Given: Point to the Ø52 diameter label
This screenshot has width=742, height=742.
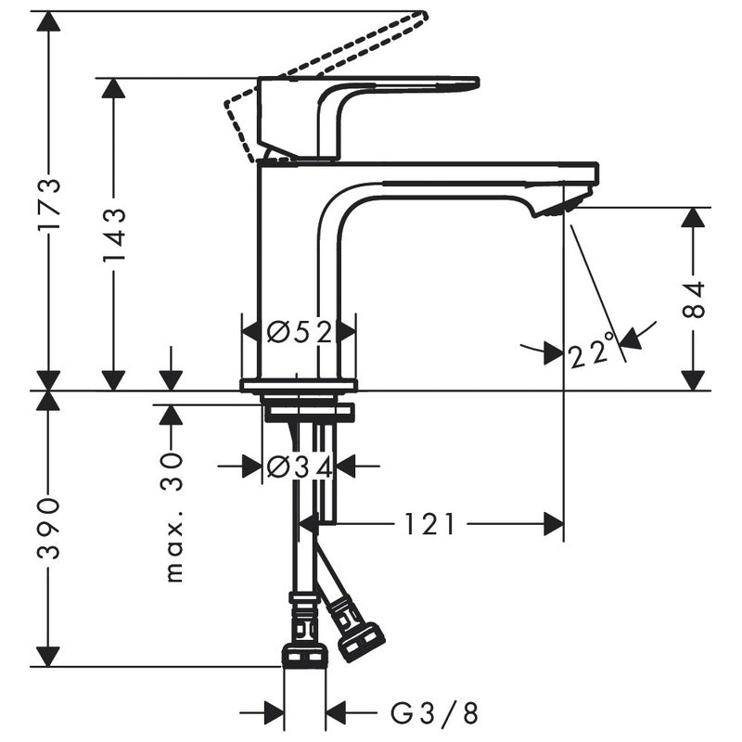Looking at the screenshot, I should tap(299, 331).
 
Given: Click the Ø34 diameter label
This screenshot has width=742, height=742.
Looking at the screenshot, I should tap(299, 467).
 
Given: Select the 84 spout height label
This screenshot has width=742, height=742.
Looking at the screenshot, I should tap(694, 299).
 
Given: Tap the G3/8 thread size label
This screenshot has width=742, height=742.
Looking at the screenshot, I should tap(434, 713).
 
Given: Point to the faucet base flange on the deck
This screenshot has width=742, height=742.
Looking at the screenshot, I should tap(298, 385).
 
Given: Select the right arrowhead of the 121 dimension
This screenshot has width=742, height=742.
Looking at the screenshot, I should tap(554, 525).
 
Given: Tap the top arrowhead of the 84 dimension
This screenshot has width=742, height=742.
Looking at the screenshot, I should tap(693, 217).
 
